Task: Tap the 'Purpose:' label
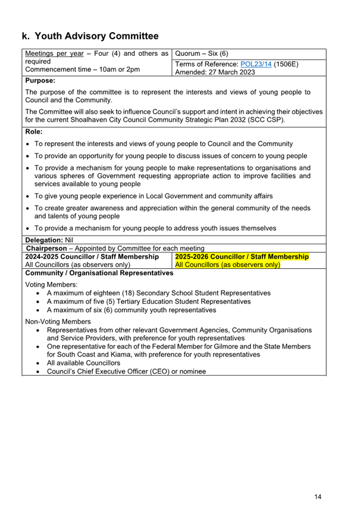coord(40,80)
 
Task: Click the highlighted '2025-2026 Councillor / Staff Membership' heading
coord(242,256)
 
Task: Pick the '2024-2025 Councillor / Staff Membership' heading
coord(92,256)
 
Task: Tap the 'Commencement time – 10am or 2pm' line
coord(83,70)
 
